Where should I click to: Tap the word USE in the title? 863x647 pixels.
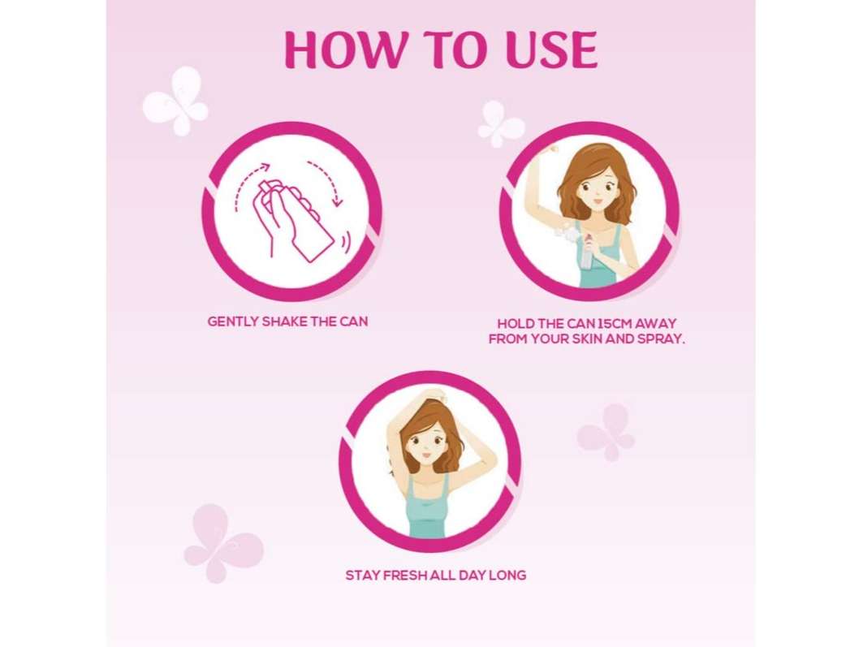[x=551, y=50]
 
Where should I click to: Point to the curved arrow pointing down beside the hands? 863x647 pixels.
[x=327, y=182]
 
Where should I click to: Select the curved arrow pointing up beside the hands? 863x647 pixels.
[x=247, y=183]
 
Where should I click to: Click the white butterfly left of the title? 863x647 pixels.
[x=175, y=101]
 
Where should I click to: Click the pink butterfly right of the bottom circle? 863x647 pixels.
[x=607, y=433]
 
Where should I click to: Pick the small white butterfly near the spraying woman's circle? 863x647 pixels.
[x=500, y=123]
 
